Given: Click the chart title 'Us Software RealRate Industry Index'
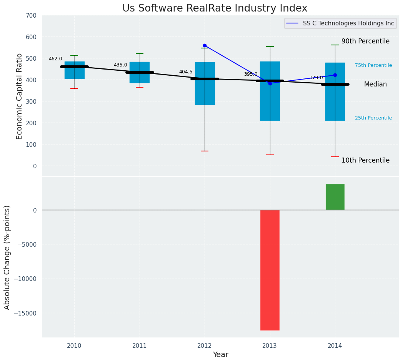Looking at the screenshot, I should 215,8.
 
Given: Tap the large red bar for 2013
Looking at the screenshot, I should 270,270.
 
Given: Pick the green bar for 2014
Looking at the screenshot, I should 335,197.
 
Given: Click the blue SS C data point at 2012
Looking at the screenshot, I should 205,45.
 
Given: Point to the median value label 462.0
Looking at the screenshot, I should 55,59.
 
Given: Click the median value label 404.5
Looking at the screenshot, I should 186,72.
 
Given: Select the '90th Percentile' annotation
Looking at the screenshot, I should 365,41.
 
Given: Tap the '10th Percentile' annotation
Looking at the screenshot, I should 365,160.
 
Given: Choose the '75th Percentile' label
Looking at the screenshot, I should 373,65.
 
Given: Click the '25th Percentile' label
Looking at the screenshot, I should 373,118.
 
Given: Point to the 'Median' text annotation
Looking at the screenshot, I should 375,84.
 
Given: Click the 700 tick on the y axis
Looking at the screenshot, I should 32,15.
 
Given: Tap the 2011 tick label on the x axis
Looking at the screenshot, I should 139,346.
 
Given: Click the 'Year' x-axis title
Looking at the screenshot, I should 221,355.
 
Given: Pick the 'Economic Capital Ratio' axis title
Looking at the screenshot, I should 20,96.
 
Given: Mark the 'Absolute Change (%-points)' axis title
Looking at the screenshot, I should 7,257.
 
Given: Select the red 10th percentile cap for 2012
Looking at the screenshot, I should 205,151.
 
